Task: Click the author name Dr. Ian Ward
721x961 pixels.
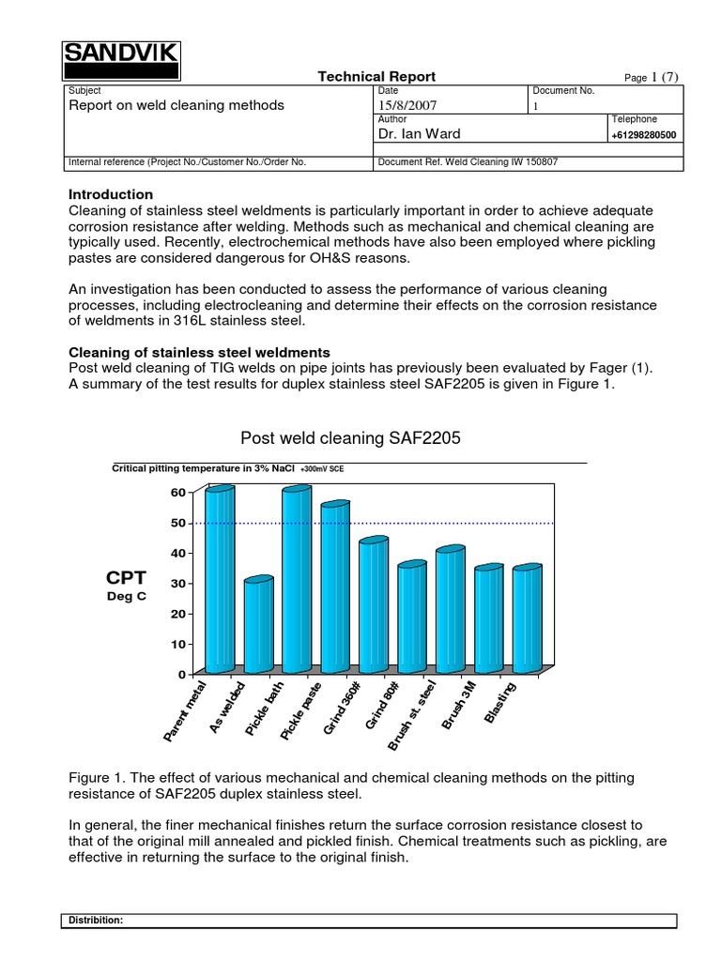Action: [418, 134]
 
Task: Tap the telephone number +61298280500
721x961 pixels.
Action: [644, 135]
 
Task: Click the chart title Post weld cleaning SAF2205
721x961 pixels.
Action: [350, 437]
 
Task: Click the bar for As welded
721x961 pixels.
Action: [258, 625]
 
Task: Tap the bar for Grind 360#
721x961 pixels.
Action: [374, 605]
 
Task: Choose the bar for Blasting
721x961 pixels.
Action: [527, 618]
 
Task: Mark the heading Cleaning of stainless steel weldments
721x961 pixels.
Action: [200, 352]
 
